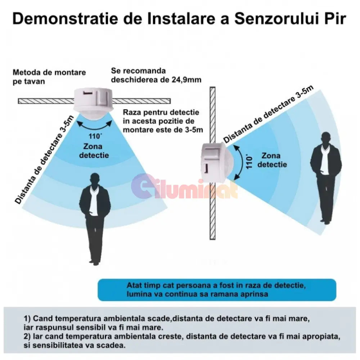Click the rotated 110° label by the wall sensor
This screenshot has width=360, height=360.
249,162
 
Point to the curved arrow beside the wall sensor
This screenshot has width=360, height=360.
241,162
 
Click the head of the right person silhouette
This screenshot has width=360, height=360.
326,139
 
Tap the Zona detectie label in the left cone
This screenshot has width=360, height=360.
94,150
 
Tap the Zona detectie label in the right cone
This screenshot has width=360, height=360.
272,160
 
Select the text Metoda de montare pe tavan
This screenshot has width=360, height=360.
49,77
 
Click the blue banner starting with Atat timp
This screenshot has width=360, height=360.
217,290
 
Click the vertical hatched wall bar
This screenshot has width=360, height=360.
212,163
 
